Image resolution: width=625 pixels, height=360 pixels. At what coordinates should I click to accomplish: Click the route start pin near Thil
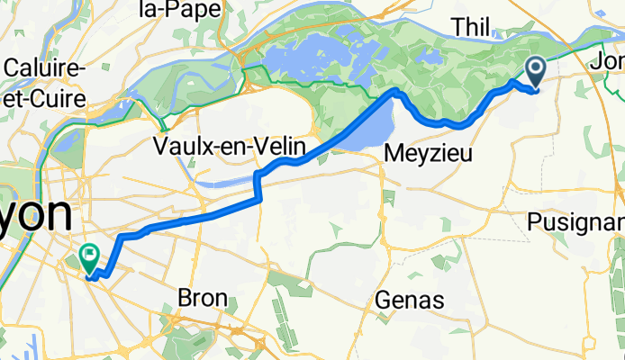click(534, 71)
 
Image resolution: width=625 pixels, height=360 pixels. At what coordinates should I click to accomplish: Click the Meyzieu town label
click(428, 154)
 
